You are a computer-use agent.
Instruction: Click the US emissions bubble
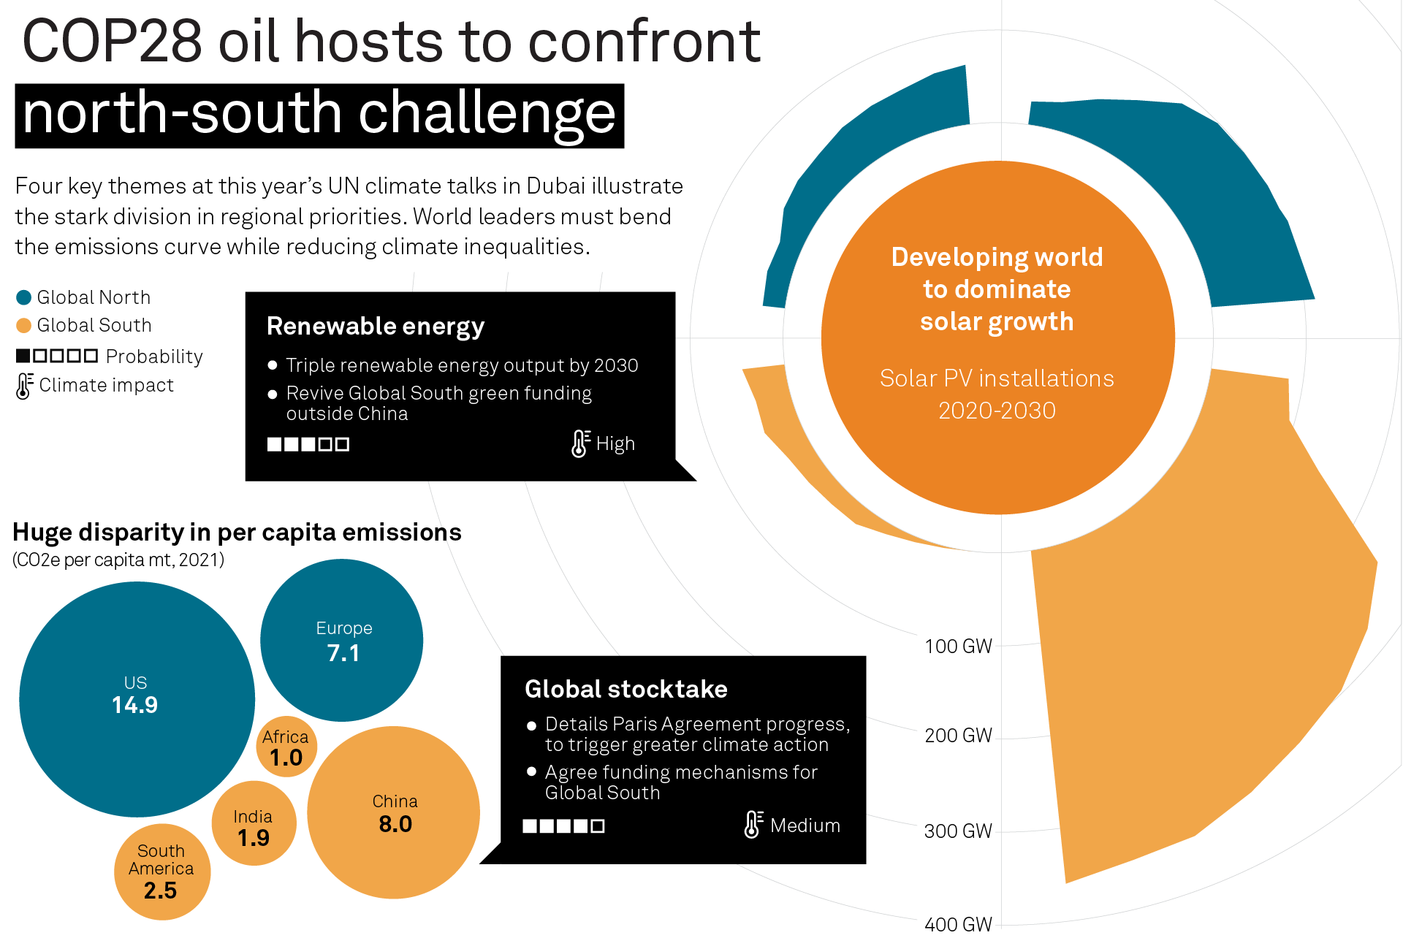[137, 699]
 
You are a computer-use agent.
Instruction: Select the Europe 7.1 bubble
[342, 640]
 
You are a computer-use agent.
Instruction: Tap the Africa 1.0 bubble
[286, 747]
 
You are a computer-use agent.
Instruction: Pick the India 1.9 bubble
[254, 823]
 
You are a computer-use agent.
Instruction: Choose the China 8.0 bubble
[393, 812]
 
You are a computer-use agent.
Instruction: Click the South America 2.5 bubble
[162, 872]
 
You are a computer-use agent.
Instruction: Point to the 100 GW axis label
[958, 647]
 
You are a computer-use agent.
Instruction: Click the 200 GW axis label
[958, 736]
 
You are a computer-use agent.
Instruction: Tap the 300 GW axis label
[958, 831]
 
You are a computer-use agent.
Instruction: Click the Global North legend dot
[23, 297]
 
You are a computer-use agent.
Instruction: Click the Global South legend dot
[23, 325]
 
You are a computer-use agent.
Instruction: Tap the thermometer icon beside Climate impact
[25, 386]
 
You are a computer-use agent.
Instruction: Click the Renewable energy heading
[376, 327]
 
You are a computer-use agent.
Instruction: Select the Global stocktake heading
[626, 689]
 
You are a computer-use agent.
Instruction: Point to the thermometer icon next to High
[581, 443]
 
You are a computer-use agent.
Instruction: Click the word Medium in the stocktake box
[805, 825]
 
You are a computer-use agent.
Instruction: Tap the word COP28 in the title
[113, 41]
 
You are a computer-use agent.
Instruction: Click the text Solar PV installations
[997, 378]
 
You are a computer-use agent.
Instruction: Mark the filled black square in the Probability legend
[23, 356]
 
